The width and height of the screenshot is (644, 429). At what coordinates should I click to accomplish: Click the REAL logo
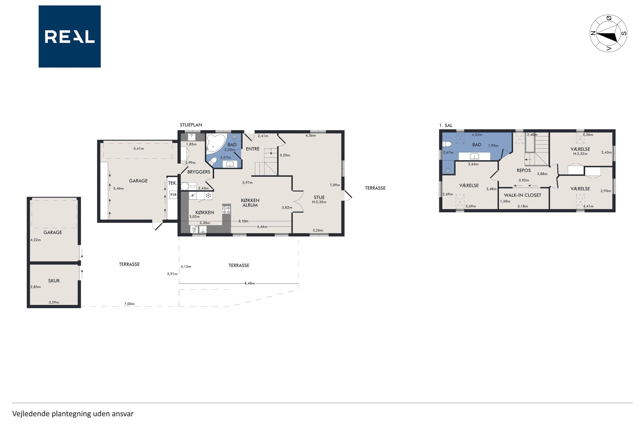click(70, 36)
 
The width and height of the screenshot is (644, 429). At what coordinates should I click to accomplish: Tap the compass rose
click(608, 33)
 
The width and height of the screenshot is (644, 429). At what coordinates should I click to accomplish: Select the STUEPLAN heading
click(191, 125)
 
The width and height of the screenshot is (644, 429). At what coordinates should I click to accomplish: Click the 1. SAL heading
click(446, 125)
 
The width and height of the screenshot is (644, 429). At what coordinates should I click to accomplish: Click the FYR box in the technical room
click(173, 195)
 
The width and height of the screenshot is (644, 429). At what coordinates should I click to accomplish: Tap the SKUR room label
click(54, 281)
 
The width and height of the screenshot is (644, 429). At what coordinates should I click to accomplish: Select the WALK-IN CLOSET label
click(522, 195)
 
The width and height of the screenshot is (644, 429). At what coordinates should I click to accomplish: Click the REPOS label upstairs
click(524, 170)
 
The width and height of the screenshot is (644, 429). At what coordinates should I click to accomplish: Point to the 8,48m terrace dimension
click(249, 283)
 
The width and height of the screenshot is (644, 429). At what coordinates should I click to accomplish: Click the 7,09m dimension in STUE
click(335, 185)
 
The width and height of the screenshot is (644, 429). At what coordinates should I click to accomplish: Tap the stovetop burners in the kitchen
click(226, 210)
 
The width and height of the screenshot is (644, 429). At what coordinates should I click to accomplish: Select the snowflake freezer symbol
click(208, 195)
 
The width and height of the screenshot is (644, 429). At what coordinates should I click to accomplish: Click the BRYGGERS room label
click(199, 172)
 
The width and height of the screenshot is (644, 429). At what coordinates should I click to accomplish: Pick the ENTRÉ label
click(252, 149)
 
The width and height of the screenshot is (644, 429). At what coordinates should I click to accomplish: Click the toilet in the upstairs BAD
click(447, 144)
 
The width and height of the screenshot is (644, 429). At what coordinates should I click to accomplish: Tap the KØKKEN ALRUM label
click(250, 203)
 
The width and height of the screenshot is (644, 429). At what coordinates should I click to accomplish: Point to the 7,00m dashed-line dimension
click(129, 304)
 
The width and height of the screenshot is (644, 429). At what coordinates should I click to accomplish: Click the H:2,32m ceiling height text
click(580, 154)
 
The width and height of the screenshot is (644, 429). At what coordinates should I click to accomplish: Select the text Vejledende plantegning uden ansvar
click(73, 414)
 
